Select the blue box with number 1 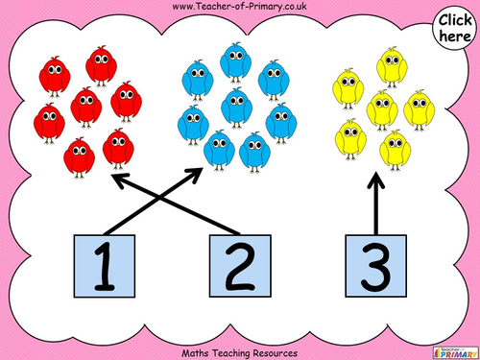coord(106,265)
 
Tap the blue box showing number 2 coord(238,265)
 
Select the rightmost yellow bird coord(418,108)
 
